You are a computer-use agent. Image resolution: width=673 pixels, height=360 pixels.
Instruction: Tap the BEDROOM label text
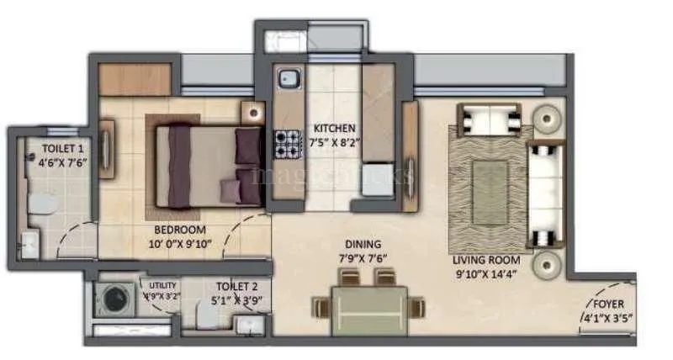click(x=180, y=230)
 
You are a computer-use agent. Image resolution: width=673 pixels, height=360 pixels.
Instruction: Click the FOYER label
click(x=608, y=303)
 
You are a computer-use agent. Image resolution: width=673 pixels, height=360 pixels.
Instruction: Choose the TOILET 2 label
click(x=236, y=286)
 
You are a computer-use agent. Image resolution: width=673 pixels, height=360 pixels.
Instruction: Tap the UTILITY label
click(x=162, y=285)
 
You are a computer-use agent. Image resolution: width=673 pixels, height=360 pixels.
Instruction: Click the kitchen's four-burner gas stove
click(x=287, y=143)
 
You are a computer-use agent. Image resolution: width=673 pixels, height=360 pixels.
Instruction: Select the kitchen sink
click(x=289, y=78)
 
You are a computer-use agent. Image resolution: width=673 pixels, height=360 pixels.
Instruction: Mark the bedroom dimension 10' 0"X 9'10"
click(x=180, y=244)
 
